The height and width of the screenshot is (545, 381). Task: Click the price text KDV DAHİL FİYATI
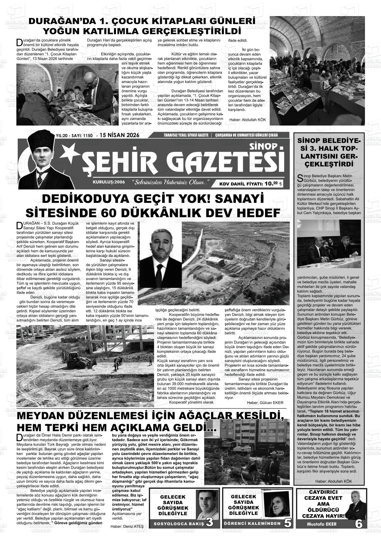pyautogui.click(x=241, y=183)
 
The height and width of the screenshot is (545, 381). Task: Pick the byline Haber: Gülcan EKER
pyautogui.click(x=265, y=402)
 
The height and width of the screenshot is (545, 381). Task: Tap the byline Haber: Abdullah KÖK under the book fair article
pyautogui.click(x=247, y=120)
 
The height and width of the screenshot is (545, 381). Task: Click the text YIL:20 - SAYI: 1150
pyautogui.click(x=74, y=136)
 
